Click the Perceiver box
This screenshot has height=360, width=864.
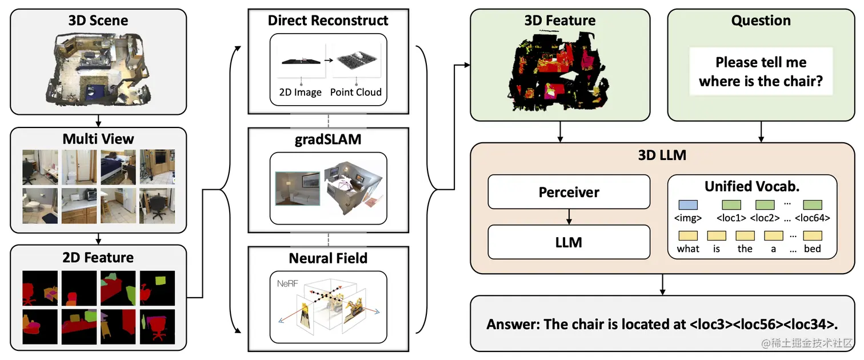point(569,192)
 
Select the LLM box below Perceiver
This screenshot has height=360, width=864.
point(569,242)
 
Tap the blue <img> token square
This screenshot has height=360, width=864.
point(688,205)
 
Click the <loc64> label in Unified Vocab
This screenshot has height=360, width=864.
point(813,218)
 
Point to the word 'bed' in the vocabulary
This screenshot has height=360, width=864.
point(813,249)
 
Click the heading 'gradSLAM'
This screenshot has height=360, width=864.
point(328,139)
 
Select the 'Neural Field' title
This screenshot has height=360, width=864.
point(328,258)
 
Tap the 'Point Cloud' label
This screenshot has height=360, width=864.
point(355,92)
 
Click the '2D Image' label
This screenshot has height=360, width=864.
point(301,92)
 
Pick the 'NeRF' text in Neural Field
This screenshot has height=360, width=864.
point(287,283)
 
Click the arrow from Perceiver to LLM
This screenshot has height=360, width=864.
point(569,217)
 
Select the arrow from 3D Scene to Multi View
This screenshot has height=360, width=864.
point(98,121)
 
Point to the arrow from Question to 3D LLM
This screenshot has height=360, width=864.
point(761,131)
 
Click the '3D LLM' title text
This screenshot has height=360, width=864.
point(662,155)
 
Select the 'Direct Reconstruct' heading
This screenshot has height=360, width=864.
point(328,21)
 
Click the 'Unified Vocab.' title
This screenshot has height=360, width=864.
point(752,186)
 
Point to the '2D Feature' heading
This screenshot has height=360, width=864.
point(98,257)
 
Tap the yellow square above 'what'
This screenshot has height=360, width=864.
point(688,235)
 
